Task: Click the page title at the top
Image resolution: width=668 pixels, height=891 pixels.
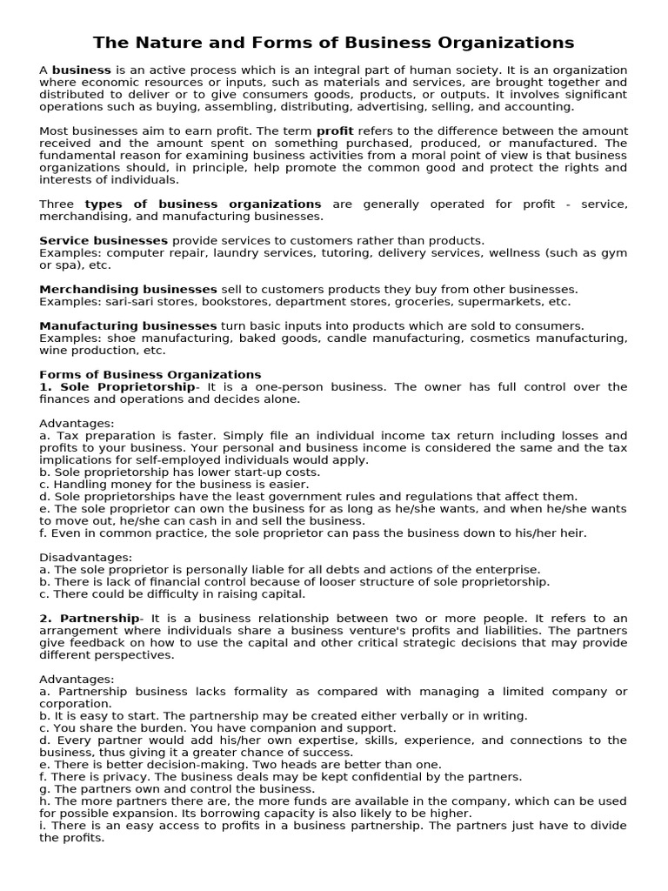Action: [x=334, y=43]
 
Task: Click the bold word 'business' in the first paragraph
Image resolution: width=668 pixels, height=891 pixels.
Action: [x=82, y=70]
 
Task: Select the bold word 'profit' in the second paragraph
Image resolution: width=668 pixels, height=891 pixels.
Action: [x=335, y=131]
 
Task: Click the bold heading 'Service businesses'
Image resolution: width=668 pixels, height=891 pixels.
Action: [x=104, y=240]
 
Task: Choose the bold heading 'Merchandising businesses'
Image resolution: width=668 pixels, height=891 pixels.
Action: [x=128, y=289]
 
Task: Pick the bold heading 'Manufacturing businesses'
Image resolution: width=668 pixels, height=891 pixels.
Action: [x=129, y=325]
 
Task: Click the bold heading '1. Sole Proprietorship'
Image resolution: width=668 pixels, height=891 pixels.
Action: [x=117, y=386]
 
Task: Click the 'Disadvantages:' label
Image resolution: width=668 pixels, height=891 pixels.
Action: [x=86, y=557]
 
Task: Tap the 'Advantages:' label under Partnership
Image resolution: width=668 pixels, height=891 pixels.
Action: [x=77, y=679]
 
